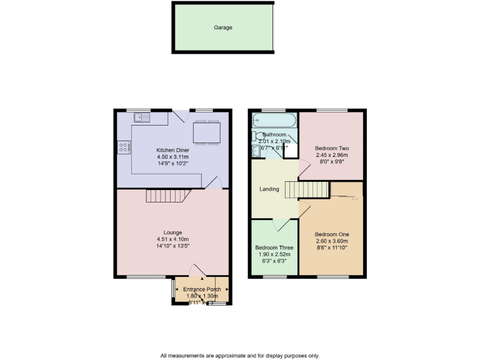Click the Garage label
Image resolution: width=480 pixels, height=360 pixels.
pos(223,28)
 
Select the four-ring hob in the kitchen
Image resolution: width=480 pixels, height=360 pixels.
pos(124,147)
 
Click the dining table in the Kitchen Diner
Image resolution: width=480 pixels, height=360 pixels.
pos(205,132)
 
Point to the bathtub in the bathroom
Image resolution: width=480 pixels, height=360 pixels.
pos(274,119)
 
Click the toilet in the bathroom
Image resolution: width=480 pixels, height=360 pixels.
pos(256,137)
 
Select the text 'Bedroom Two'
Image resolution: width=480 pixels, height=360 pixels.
pos(331,147)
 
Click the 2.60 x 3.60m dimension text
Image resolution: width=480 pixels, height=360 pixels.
pos(331,241)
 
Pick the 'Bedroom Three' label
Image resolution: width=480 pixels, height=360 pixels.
pos(273,247)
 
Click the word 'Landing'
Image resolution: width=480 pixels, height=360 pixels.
pos(269,189)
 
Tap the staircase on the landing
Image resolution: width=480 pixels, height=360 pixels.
pos(307,189)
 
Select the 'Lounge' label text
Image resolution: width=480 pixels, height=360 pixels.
pos(172,232)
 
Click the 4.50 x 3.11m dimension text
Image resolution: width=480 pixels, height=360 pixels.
pos(172,157)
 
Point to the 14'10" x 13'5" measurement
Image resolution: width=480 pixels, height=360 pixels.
pos(172,246)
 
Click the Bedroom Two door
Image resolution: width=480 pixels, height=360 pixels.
pos(303,166)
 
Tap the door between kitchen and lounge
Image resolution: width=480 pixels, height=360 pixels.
pos(214,182)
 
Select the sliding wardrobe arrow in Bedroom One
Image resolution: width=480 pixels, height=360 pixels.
pos(354,200)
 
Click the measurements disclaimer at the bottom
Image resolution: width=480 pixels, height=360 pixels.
pos(239,355)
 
